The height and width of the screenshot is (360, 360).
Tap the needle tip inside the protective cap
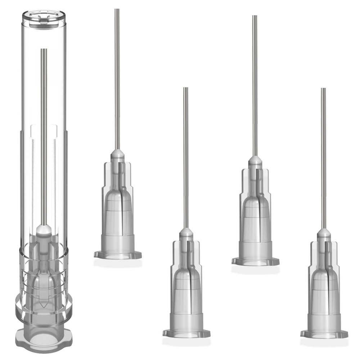44,50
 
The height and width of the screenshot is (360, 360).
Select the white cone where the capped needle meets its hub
44,230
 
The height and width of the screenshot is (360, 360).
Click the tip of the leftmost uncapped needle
117,10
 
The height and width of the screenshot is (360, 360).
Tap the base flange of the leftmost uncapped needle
118,255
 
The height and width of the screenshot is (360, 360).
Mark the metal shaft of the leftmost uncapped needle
117,79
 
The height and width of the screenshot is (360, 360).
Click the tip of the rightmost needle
323,89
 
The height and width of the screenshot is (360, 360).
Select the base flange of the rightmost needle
324,334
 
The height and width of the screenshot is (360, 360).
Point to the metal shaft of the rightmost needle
323,158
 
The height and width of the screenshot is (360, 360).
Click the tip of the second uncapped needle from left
186,89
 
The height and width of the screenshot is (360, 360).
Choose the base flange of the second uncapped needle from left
186,333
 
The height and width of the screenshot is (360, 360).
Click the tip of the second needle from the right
255,17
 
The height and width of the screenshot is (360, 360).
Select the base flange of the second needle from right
255,261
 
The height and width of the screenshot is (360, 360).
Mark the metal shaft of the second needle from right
255,86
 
